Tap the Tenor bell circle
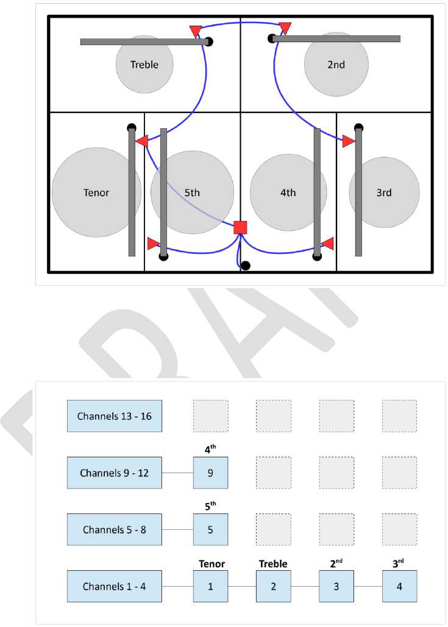(96, 193)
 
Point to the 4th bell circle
(288, 193)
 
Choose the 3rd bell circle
(384, 193)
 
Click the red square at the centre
(240, 228)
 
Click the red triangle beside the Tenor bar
(141, 142)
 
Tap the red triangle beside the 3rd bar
(349, 142)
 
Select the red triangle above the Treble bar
(196, 31)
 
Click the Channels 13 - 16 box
(114, 416)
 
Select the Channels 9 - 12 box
(114, 473)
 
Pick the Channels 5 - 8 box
(114, 529)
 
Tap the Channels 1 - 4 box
(114, 587)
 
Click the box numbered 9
(210, 473)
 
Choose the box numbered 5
(210, 529)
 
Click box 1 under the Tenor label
(210, 587)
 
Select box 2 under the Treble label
(273, 587)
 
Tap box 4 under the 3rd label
(399, 587)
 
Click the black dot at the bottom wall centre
(245, 266)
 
